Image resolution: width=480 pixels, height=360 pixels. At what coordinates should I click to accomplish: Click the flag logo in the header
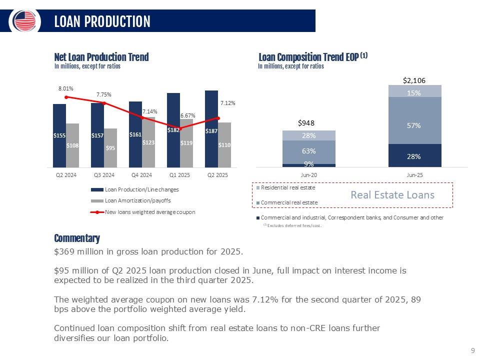[24, 21]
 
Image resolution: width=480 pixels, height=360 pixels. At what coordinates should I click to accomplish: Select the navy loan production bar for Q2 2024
[59, 135]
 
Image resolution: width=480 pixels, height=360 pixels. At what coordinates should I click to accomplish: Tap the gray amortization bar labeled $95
[110, 147]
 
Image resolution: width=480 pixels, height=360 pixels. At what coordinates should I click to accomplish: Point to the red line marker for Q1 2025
[180, 128]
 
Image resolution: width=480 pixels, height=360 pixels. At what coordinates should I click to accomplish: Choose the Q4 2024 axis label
[141, 175]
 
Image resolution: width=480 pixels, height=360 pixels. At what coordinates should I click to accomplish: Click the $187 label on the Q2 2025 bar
[211, 131]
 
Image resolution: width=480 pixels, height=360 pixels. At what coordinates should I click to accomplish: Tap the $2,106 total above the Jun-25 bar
[414, 80]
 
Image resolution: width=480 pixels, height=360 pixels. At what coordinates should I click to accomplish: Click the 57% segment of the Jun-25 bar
[414, 126]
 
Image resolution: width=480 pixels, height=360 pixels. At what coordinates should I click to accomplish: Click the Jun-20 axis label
[308, 175]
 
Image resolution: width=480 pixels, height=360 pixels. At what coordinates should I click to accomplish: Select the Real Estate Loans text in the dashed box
[392, 194]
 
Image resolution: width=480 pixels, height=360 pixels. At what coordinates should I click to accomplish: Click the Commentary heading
[76, 238]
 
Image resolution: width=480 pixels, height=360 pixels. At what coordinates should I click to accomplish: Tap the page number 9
[472, 351]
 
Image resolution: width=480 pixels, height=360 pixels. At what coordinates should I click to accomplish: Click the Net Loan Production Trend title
[101, 57]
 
